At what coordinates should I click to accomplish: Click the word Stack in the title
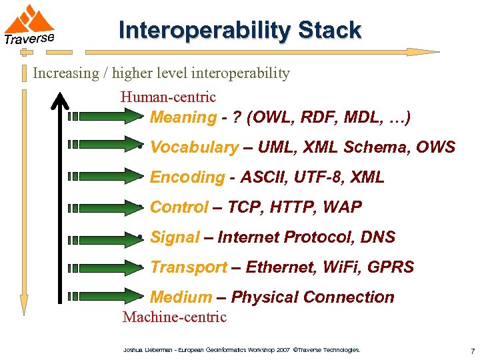tap(329, 31)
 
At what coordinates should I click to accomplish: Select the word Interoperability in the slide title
tap(205, 31)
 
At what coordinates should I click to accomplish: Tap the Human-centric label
tap(168, 97)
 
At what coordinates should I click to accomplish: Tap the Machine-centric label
tap(175, 317)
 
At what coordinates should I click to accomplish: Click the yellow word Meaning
tap(183, 118)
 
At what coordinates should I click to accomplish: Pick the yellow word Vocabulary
tap(194, 147)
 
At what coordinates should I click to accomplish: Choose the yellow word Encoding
tap(187, 177)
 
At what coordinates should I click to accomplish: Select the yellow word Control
tap(179, 207)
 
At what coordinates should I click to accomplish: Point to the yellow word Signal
tap(175, 237)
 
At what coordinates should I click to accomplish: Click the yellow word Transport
tap(189, 267)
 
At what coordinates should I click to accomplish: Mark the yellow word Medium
tap(181, 297)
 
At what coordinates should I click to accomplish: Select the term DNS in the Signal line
tap(378, 237)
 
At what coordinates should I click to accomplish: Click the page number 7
tap(472, 351)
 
